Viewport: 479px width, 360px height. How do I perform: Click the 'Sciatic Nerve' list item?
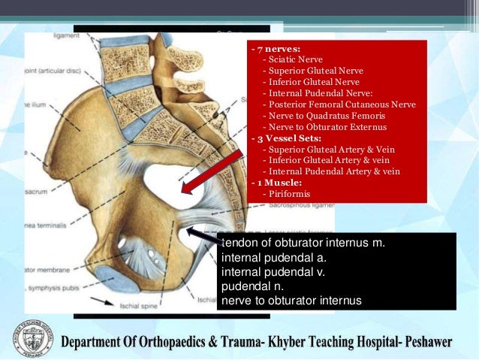[292, 59]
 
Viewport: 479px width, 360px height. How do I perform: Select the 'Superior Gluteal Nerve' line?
[312, 71]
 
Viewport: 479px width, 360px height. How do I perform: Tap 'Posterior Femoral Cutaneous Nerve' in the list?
[339, 104]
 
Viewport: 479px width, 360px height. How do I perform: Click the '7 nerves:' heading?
[276, 48]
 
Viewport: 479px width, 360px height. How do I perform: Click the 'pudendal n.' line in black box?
[253, 286]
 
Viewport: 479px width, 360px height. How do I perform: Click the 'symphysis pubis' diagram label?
[53, 291]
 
